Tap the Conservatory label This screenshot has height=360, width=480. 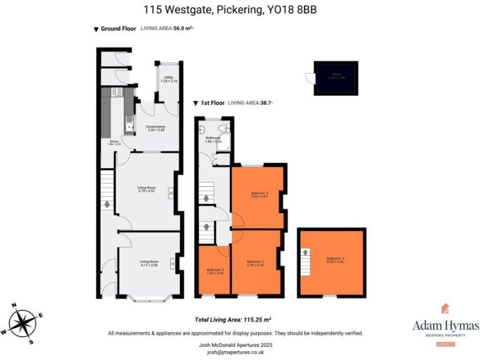click(x=155, y=129)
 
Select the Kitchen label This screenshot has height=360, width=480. click(x=114, y=143)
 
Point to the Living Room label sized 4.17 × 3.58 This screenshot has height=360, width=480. click(x=148, y=263)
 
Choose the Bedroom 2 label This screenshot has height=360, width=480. click(x=259, y=195)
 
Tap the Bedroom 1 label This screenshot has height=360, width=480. click(x=255, y=262)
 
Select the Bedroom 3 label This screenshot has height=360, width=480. click(x=214, y=271)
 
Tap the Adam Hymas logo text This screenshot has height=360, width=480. click(x=446, y=326)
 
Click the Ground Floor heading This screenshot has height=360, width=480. click(x=119, y=29)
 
